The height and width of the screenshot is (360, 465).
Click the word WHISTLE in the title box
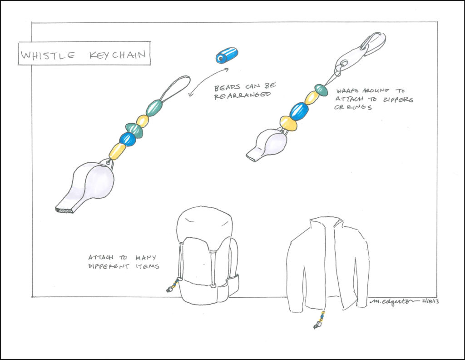point(48,55)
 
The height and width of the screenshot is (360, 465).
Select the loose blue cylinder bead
point(227,55)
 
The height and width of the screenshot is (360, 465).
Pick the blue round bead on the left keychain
point(128,139)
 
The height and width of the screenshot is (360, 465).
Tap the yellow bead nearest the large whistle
point(117,151)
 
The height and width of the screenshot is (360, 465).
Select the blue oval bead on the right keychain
point(299,110)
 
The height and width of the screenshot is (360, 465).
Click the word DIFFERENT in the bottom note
point(109,266)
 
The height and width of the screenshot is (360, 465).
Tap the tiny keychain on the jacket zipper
point(319,320)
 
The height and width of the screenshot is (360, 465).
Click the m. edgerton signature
point(395,301)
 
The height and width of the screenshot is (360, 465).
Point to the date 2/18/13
point(430,301)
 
